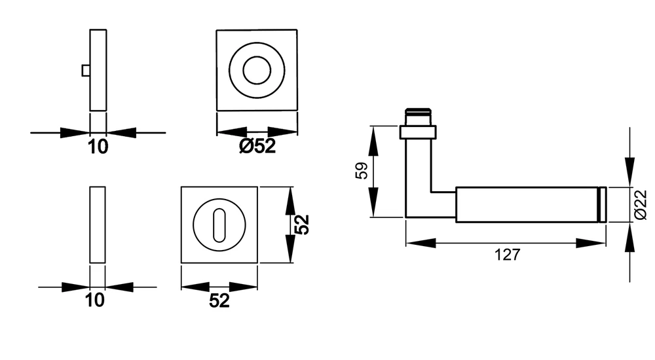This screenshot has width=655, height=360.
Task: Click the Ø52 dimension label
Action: coord(257,146)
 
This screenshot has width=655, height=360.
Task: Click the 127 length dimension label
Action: coord(508,255)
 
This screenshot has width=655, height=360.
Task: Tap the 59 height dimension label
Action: coord(362,170)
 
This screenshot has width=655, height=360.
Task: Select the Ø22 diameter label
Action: coord(641,205)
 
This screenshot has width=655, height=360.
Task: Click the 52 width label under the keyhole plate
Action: coord(219,300)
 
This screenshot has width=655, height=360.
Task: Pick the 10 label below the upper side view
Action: coord(98,147)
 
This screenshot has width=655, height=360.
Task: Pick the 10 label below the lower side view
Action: coord(95,300)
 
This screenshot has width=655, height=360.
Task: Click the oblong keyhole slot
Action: coord(219,225)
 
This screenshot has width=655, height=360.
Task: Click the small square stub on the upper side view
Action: coord(86,71)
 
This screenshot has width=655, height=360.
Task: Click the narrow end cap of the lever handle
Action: coord(603,205)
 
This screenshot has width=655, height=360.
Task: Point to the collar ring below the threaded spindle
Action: coord(418,132)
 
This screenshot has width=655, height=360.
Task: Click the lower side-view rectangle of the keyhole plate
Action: coord(98,225)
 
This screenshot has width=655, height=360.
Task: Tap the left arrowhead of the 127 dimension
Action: coord(421,243)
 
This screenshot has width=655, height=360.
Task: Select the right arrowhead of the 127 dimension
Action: coord(591,243)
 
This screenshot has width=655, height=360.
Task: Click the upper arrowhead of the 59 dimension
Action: coord(373,141)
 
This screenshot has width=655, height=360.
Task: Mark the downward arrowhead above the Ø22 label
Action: coord(629,171)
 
